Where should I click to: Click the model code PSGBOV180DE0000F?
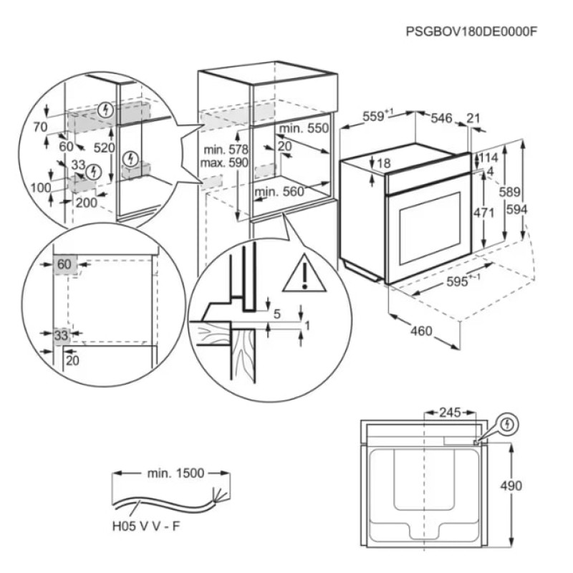(471, 32)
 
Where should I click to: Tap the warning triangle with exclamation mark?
(304, 274)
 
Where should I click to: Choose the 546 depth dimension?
(440, 118)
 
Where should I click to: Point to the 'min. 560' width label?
(279, 191)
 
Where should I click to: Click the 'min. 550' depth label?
(304, 129)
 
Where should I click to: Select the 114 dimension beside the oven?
(488, 158)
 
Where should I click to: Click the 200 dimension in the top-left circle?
(85, 203)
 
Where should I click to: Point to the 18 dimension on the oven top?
(384, 164)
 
